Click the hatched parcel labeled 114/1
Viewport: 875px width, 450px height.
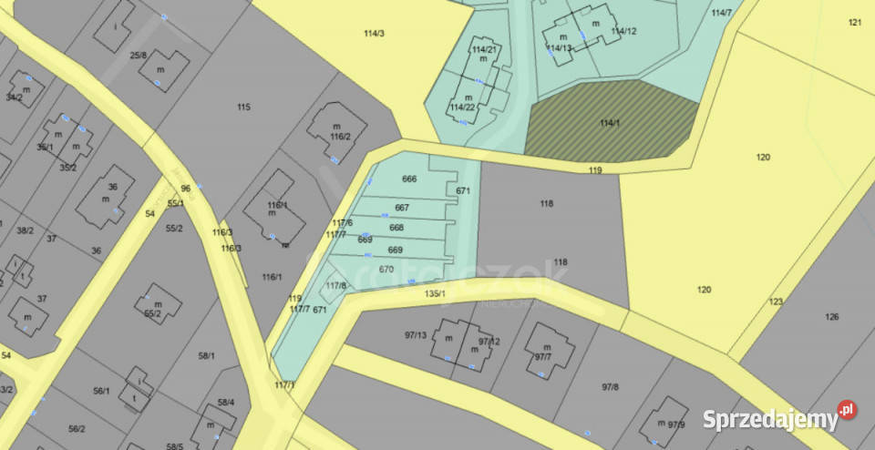610,123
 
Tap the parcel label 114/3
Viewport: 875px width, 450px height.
374,34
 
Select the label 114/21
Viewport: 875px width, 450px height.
484,49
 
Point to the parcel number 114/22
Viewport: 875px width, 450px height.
462,107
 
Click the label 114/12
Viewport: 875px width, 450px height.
623,32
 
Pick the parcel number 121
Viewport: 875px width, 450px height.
854,22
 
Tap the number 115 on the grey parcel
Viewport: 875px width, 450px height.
243,107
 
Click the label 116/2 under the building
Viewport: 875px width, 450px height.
340,137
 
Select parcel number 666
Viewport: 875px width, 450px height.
409,179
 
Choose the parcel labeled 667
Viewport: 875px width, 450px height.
402,208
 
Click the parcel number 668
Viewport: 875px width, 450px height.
396,228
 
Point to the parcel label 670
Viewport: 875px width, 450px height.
386,269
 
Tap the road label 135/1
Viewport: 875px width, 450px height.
435,293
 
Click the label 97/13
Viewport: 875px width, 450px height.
416,335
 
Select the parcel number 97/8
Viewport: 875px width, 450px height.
610,387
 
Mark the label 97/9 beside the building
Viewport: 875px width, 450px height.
675,424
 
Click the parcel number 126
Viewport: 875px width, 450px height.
831,317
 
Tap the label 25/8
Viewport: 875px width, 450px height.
139,56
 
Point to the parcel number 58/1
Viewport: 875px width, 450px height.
206,355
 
